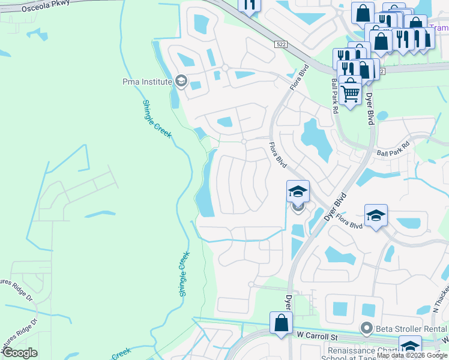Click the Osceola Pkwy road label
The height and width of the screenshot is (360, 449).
click(x=44, y=6)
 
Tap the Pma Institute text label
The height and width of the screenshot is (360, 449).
click(x=147, y=81)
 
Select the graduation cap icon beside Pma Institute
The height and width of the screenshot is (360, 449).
click(x=181, y=81)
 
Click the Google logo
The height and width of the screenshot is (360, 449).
click(x=20, y=353)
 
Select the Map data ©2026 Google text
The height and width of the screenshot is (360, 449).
click(x=412, y=355)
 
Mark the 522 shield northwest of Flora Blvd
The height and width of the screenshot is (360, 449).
click(x=281, y=45)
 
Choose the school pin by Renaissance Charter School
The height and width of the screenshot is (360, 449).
click(x=410, y=347)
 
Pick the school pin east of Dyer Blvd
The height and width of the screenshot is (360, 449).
click(x=376, y=216)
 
